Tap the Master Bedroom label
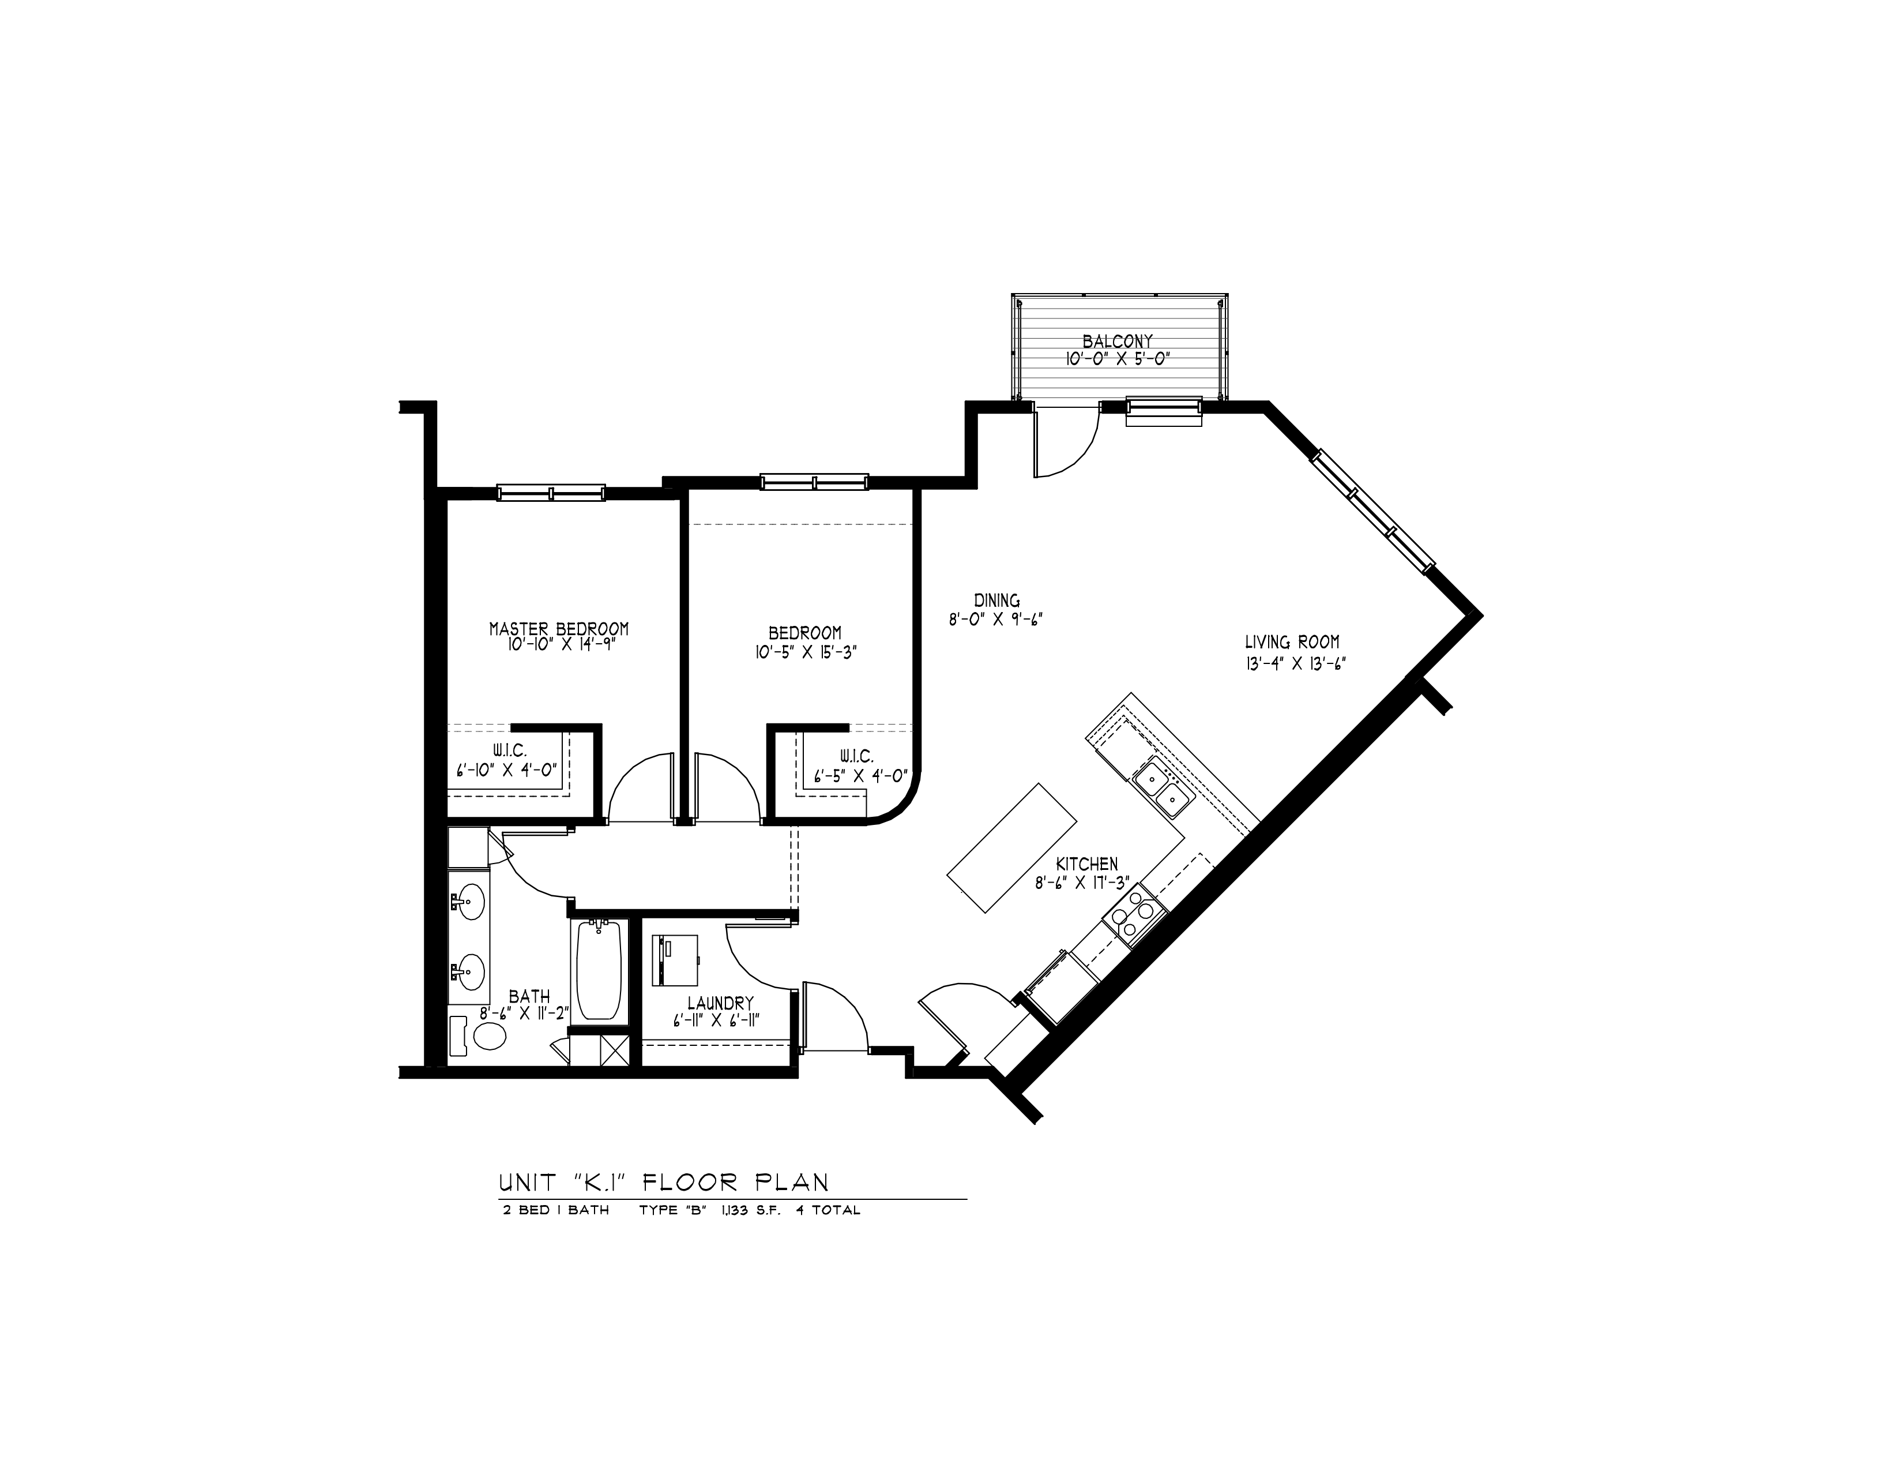(x=559, y=628)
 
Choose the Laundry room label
(x=720, y=1003)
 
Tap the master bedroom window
(x=551, y=493)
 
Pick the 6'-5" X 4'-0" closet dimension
(x=861, y=775)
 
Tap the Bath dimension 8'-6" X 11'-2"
(x=525, y=1014)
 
